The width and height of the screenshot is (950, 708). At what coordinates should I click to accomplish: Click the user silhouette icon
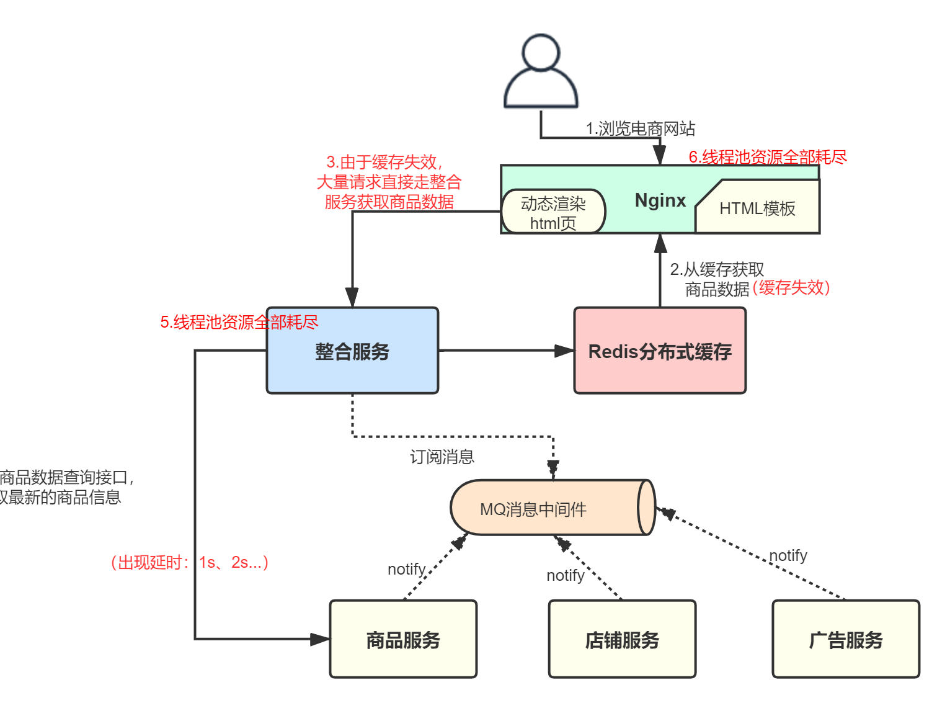[541, 72]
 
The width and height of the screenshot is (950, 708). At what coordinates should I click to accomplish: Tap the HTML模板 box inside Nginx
[757, 208]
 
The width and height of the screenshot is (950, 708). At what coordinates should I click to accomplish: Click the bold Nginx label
[660, 200]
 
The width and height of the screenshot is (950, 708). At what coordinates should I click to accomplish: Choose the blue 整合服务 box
[352, 351]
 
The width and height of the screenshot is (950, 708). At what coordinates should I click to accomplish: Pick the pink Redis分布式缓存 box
[660, 351]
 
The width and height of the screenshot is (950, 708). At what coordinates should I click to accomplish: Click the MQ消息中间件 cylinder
[546, 508]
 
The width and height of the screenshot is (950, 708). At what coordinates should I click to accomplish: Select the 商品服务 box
[403, 639]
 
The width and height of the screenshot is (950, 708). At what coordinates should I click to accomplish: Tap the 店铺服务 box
[622, 639]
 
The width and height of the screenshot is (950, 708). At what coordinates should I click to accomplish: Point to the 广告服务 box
[846, 639]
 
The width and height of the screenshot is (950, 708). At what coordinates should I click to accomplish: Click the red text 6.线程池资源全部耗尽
[768, 157]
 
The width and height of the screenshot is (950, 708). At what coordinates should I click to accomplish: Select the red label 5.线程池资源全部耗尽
[239, 322]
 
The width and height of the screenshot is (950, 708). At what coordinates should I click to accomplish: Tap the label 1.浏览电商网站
[641, 128]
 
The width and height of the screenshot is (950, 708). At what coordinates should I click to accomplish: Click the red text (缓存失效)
[791, 288]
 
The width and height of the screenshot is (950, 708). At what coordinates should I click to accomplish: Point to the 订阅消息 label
[442, 457]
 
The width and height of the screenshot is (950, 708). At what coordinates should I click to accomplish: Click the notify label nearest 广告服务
[788, 555]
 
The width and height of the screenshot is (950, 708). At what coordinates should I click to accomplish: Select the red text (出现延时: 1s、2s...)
[190, 562]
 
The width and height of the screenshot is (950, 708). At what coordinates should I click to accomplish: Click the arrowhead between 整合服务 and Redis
[564, 351]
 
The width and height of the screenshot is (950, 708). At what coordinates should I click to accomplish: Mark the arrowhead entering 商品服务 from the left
[320, 639]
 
